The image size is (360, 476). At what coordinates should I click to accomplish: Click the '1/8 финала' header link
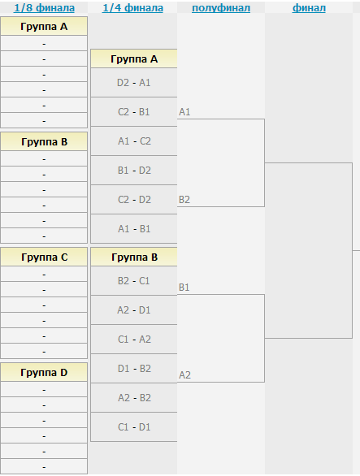coord(44,8)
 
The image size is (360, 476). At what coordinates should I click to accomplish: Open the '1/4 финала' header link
coord(132,8)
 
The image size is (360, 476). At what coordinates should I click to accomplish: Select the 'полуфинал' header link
coord(221,8)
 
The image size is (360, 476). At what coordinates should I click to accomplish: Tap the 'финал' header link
coord(309,8)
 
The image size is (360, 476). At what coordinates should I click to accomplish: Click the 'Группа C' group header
coord(44,257)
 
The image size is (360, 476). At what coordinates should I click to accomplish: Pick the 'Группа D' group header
coord(44,373)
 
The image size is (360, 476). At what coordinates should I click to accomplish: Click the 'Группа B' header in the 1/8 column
coord(44,142)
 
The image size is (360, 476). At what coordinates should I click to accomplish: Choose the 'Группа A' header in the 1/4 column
coord(134,59)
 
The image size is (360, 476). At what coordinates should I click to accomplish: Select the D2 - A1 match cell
coord(134,83)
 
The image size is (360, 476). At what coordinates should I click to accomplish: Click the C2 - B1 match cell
coord(134,112)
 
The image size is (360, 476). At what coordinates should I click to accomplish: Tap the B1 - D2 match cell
coord(134,171)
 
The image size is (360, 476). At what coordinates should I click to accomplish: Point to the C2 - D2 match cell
coord(134,200)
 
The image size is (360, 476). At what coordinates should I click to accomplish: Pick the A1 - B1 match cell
coord(134,228)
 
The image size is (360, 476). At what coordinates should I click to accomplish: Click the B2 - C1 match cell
coord(134,281)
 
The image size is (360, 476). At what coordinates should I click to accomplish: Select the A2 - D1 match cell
coord(134,310)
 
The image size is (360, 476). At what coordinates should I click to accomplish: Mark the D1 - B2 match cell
coord(134,369)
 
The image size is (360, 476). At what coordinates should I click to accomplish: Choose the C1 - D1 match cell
coord(134,427)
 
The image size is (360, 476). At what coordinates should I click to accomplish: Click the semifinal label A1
coord(184,112)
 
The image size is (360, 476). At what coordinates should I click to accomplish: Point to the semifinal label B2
coord(184,200)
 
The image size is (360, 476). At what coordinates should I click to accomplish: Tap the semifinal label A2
coord(184,375)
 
